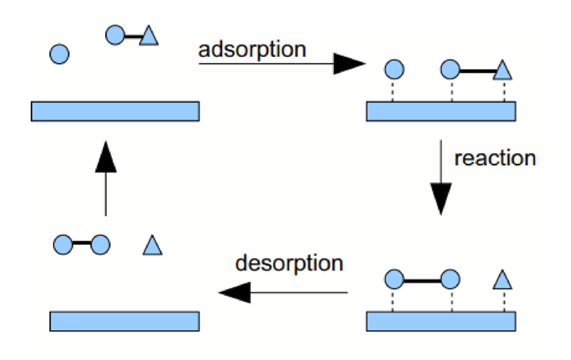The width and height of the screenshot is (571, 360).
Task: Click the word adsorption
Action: (x=253, y=50)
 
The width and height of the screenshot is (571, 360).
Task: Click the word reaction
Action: (x=495, y=158)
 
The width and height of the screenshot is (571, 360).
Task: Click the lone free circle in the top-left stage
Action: (x=60, y=53)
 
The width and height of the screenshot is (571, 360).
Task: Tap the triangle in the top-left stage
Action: (x=148, y=35)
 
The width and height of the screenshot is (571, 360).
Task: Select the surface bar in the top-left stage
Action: (x=115, y=110)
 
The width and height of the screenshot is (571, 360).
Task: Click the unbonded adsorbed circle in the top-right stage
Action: (x=394, y=70)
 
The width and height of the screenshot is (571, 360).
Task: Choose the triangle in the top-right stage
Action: (x=503, y=71)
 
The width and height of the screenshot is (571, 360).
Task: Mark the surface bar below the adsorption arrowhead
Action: (x=441, y=110)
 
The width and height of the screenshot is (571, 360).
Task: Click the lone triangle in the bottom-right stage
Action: (x=503, y=279)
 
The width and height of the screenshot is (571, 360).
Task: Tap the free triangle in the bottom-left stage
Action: (x=152, y=246)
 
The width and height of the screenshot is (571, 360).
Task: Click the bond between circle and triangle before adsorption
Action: (x=132, y=35)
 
